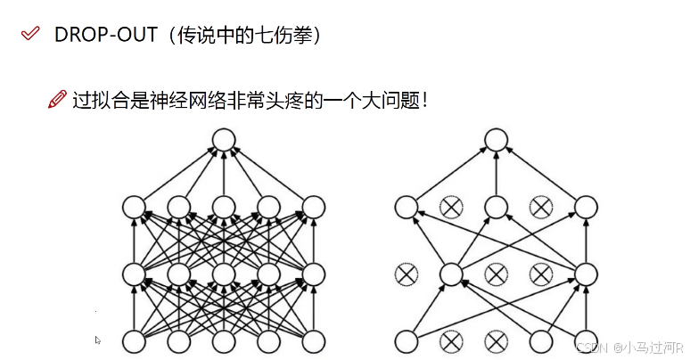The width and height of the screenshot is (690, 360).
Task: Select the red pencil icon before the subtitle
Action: (x=58, y=100)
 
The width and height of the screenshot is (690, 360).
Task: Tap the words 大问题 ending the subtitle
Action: (x=394, y=100)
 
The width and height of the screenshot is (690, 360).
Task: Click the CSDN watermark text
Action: (x=589, y=347)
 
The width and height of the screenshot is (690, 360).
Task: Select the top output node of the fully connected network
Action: (x=223, y=139)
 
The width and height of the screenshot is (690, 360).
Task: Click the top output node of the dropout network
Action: (x=496, y=139)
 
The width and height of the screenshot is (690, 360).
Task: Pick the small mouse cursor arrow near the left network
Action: (x=98, y=340)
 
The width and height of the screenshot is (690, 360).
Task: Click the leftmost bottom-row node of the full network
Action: (x=133, y=340)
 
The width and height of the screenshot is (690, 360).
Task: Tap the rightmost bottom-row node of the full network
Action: (x=313, y=340)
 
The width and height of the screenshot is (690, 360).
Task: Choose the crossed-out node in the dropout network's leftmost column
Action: (x=407, y=274)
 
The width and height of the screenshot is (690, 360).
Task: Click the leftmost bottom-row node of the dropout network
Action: (x=407, y=340)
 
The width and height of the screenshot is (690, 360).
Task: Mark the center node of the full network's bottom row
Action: (x=223, y=340)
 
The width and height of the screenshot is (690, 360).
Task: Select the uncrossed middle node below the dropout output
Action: (x=496, y=207)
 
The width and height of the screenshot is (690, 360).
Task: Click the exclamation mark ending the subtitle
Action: (x=426, y=100)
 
